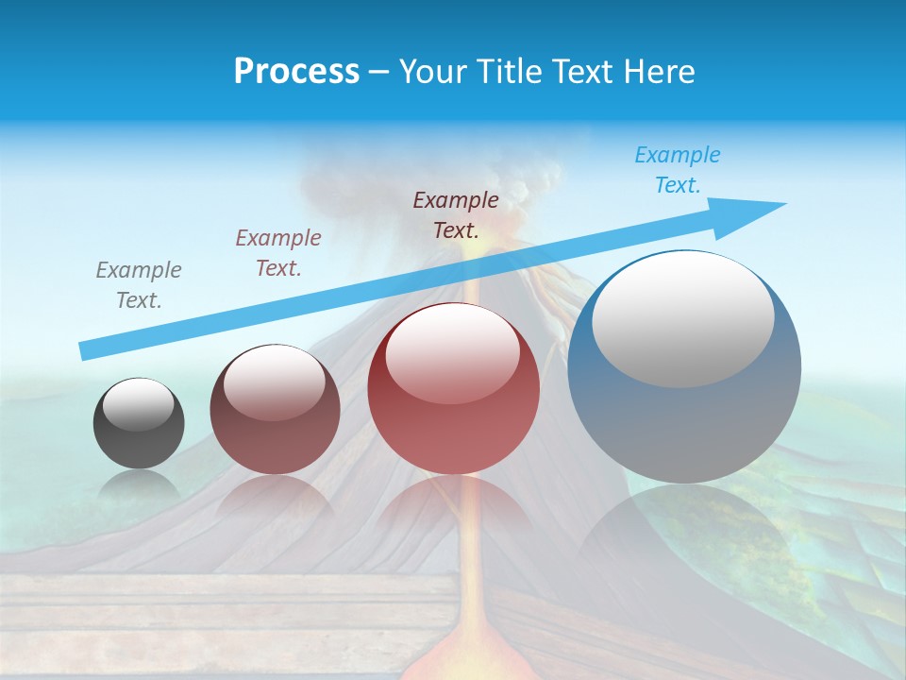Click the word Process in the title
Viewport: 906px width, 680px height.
click(296, 71)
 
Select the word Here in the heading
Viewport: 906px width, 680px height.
click(657, 71)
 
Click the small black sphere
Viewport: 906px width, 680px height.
click(139, 434)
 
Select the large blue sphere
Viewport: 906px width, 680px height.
click(684, 397)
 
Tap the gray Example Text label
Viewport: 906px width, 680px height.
click(139, 285)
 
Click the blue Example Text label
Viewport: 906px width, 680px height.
click(678, 170)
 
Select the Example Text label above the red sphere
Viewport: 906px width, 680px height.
click(456, 214)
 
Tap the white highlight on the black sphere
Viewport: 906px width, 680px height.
click(138, 404)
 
